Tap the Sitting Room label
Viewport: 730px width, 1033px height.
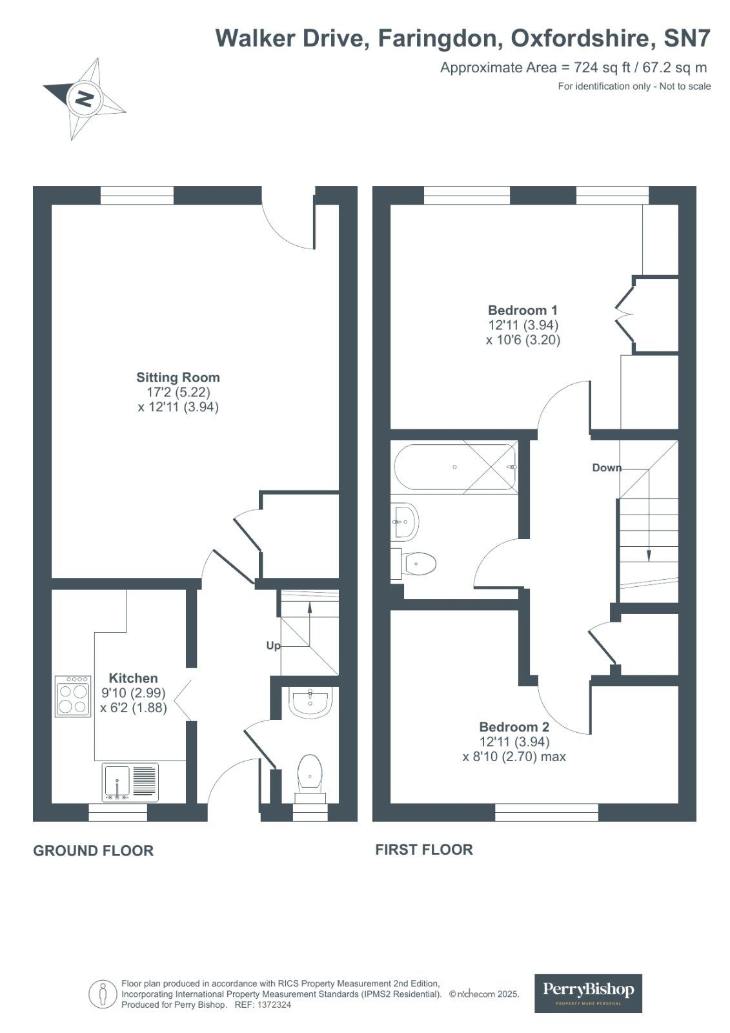click(177, 378)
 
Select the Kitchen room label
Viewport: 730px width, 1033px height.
click(133, 679)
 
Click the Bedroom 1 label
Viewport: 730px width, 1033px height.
click(522, 311)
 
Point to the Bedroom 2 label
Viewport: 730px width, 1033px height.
click(514, 728)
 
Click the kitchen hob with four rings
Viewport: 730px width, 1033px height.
click(73, 697)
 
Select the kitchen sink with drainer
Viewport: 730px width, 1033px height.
click(130, 782)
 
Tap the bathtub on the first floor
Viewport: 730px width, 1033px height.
click(454, 468)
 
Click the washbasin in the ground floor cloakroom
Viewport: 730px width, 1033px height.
click(311, 703)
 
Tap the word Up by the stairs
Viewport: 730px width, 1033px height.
click(273, 646)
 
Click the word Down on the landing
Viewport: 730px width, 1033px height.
click(607, 468)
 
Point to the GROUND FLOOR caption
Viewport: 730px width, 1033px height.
click(93, 851)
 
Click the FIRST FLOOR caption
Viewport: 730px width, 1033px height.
click(423, 850)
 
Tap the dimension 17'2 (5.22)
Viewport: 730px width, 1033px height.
click(178, 393)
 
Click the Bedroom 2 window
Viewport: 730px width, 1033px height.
click(546, 812)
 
